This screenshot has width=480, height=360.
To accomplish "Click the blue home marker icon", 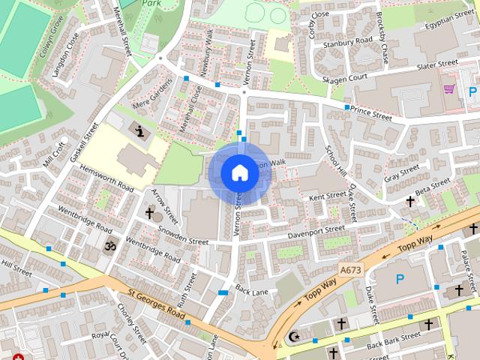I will (239, 172).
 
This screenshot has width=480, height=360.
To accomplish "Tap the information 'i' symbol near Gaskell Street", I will (139, 130).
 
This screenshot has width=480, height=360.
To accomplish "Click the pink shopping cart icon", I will (448, 88).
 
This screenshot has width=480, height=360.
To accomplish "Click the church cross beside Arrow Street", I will (149, 214).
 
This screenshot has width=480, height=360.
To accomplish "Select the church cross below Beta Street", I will (410, 201).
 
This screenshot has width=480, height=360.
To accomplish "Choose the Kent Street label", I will (327, 196).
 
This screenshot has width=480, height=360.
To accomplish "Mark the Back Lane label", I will (251, 289).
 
